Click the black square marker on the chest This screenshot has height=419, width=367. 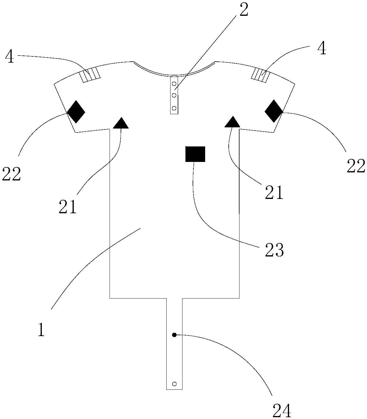(195, 154)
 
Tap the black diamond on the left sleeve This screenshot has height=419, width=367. (76, 112)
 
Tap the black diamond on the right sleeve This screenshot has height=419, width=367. (274, 111)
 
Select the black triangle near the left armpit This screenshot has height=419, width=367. (121, 123)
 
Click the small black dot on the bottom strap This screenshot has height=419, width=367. (174, 335)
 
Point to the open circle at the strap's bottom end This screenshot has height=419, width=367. (175, 384)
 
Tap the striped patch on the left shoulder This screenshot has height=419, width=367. (90, 75)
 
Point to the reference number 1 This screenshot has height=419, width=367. (41, 329)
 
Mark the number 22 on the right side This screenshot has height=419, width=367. (356, 166)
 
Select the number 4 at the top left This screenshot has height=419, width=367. (10, 57)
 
